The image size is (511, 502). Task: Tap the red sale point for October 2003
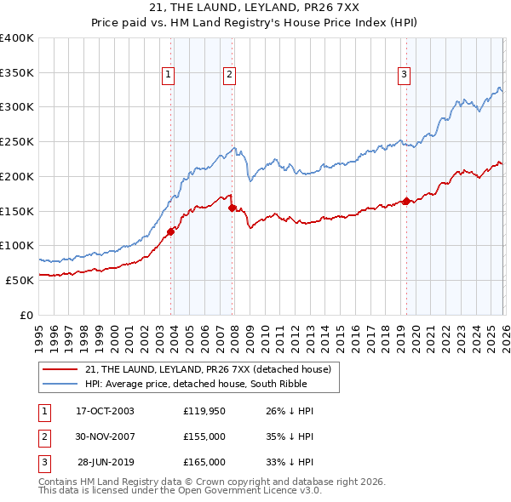tap(171, 231)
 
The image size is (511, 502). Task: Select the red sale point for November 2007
tap(233, 206)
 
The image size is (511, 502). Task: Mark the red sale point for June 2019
tap(406, 201)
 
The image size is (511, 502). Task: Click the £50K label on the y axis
tap(20, 279)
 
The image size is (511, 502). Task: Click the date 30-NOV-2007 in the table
tap(105, 436)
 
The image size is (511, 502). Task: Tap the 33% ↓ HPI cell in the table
tap(290, 462)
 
